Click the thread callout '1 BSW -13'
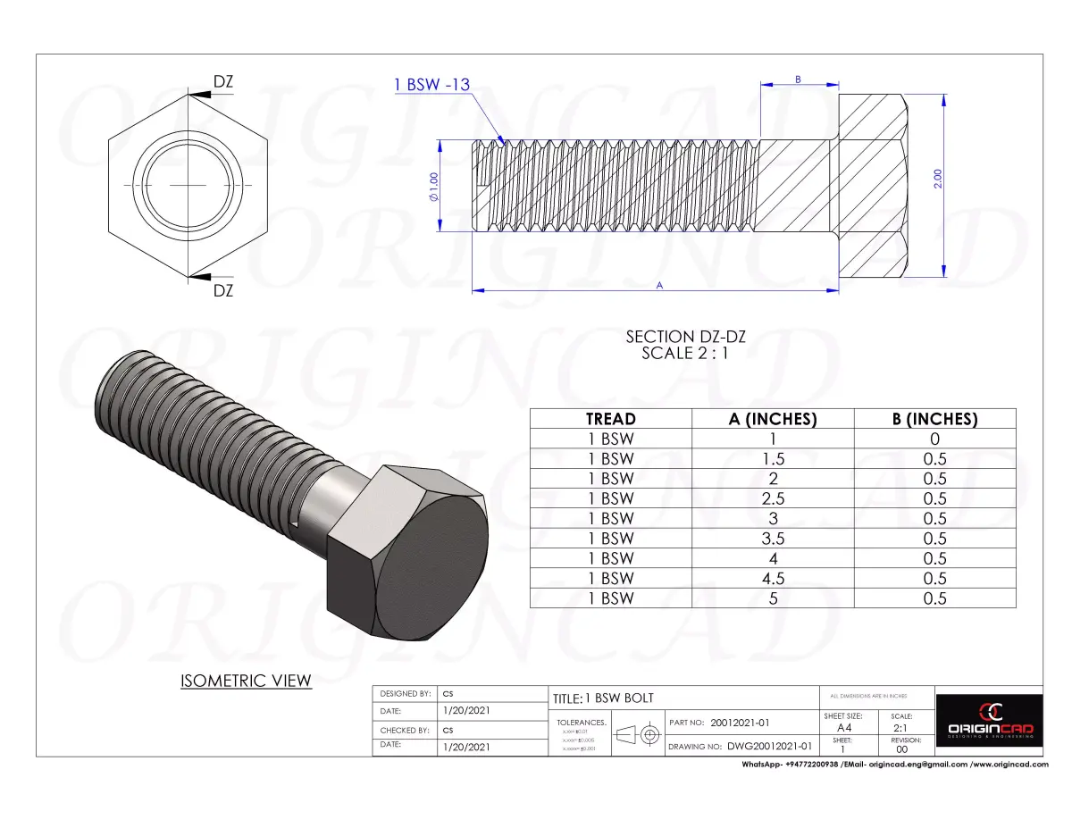pos(431,85)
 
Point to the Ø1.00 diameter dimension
pos(433,187)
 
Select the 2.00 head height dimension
pos(938,179)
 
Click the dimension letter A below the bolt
pos(659,285)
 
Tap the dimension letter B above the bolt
pos(798,79)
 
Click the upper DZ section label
pos(222,82)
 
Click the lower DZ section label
pos(222,290)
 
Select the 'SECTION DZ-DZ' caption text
pos(685,337)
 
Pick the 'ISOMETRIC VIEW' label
pos(246,681)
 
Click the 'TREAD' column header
pos(610,419)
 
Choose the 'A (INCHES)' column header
pos(773,419)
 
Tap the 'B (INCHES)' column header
pos(934,419)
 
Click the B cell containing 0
pos(934,439)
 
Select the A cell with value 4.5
pos(773,578)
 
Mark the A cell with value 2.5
pos(773,498)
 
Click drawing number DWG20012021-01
pos(769,746)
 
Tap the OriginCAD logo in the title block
pos(990,721)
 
